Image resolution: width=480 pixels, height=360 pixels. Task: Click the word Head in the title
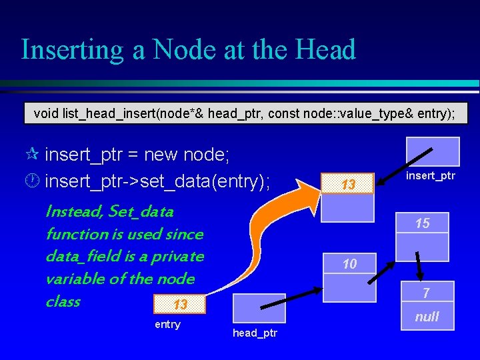point(325,50)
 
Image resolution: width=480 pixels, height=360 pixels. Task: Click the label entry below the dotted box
point(167,325)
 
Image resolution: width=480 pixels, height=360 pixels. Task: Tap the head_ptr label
point(255,333)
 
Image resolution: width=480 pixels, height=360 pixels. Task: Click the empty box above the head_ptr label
point(259,309)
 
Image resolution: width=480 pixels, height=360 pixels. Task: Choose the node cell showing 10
point(349,264)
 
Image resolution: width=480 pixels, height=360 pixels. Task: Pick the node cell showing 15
point(422,224)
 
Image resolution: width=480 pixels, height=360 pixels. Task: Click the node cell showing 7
point(426,293)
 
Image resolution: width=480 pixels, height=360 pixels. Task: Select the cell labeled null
point(427,317)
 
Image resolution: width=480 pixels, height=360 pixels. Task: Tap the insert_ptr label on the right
point(431,177)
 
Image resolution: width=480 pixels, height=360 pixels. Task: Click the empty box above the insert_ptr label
point(433,151)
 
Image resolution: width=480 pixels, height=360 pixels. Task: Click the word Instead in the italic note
point(71,212)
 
